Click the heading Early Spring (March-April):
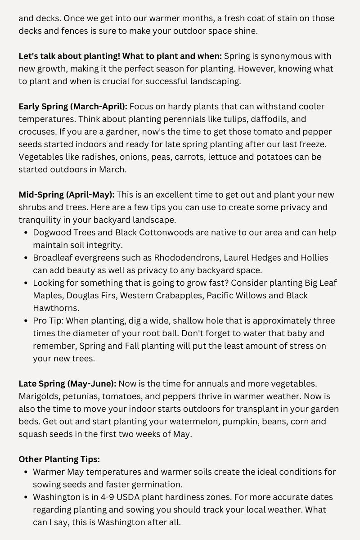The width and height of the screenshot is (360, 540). pyautogui.click(x=73, y=107)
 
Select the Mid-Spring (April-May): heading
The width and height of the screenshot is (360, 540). pyautogui.click(x=67, y=195)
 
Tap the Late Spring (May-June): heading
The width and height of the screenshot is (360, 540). pyautogui.click(x=67, y=384)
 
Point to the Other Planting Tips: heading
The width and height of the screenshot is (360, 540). pyautogui.click(x=59, y=459)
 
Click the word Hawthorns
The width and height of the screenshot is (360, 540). pyautogui.click(x=56, y=308)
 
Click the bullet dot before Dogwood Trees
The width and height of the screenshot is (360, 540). pyautogui.click(x=24, y=233)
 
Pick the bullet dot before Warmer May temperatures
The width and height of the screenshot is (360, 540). pyautogui.click(x=24, y=472)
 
